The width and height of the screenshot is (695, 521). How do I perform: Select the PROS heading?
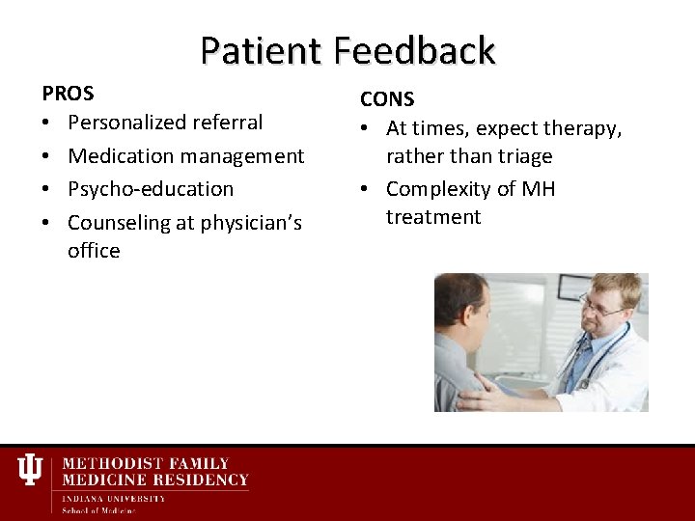coord(68,94)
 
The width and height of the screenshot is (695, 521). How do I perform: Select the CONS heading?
coord(387,99)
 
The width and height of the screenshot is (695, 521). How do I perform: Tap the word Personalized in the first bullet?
coord(127,123)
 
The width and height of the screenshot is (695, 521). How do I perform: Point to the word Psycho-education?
coord(151,189)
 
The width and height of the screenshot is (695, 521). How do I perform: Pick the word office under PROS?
coord(94,251)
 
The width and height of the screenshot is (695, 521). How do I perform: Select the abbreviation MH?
coord(538,189)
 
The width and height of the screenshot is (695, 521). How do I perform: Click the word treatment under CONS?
coord(432,217)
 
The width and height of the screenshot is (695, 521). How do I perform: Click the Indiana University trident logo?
coord(31,471)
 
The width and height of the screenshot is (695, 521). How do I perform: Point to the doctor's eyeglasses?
coord(601,308)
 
